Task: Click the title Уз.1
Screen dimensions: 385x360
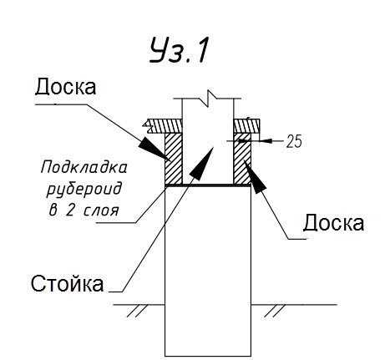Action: tap(179, 51)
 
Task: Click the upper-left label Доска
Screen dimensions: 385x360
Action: tap(66, 87)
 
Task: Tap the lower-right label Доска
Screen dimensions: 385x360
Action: tap(333, 223)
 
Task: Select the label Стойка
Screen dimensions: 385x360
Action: tap(67, 283)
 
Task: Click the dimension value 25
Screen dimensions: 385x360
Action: tap(294, 141)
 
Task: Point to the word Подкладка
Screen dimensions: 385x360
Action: tap(84, 168)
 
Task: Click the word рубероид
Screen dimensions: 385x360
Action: tap(84, 189)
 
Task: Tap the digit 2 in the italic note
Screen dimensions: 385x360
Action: tap(69, 210)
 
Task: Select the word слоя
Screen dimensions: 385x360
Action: tap(101, 211)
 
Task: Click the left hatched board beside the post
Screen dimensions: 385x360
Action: tap(174, 159)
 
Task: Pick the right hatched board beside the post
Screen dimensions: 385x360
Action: tap(242, 159)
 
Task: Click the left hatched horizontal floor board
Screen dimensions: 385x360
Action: tap(163, 126)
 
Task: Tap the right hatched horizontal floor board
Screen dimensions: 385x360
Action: tap(246, 126)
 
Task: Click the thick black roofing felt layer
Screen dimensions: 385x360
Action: tap(208, 185)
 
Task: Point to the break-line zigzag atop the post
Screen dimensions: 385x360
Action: tap(208, 98)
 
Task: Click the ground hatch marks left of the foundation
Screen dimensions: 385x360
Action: tap(138, 311)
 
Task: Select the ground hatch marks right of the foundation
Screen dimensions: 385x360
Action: tap(275, 311)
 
